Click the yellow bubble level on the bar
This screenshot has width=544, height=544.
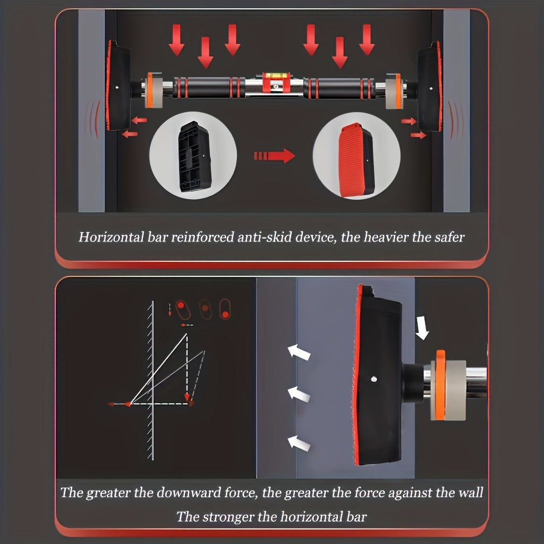click(x=276, y=75)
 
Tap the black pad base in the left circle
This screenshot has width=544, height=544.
click(x=194, y=156)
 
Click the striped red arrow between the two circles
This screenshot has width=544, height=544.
click(x=275, y=156)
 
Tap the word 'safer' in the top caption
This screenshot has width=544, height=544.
click(x=448, y=237)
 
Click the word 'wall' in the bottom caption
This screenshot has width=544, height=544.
click(x=471, y=492)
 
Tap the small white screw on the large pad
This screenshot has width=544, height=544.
click(x=373, y=379)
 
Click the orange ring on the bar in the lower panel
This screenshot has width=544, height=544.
click(x=440, y=385)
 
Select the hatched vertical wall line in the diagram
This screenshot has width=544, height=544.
click(x=151, y=380)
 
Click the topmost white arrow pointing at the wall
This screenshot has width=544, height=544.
click(x=299, y=352)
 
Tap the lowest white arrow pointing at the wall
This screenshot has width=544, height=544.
click(x=299, y=444)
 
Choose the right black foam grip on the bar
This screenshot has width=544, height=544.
click(x=339, y=89)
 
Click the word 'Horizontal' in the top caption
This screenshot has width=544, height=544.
click(x=112, y=237)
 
